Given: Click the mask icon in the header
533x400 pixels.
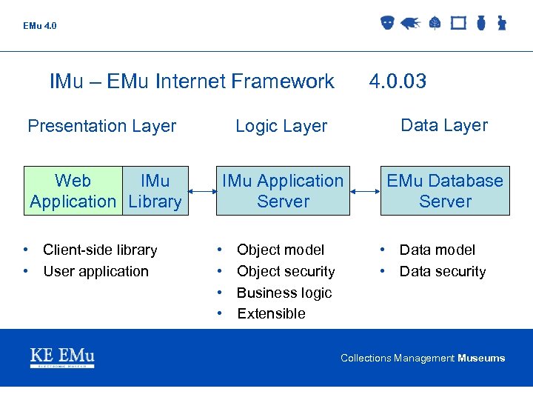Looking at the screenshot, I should tap(387, 23).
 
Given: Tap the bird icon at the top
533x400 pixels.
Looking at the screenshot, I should tap(411, 23).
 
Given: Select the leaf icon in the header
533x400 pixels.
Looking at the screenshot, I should tap(435, 23).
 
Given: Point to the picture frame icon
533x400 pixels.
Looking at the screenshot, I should tap(458, 23).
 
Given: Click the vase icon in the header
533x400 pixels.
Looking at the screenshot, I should tap(480, 23).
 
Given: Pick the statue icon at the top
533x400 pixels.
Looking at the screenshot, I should tap(501, 23).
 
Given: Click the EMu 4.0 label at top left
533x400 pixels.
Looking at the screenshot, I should tap(39, 26).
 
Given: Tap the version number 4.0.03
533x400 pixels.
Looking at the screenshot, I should tap(398, 81).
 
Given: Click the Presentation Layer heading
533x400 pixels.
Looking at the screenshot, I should tap(101, 126).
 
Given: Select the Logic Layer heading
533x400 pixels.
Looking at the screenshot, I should tap(281, 127).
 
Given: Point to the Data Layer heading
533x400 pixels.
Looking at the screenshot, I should tap(444, 125).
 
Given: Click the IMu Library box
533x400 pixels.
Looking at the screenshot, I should tap(155, 191).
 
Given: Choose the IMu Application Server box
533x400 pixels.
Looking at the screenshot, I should tap(283, 191).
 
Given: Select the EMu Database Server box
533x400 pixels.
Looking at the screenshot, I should tap(445, 191).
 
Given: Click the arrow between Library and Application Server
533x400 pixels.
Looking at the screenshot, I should tap(202, 191).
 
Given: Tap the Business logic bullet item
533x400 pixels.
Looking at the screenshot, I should tap(284, 293).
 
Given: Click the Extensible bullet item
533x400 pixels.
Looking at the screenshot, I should tap(271, 313).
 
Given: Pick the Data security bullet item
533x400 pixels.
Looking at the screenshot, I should tap(443, 271).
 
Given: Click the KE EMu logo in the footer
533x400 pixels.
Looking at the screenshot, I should tap(62, 357).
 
